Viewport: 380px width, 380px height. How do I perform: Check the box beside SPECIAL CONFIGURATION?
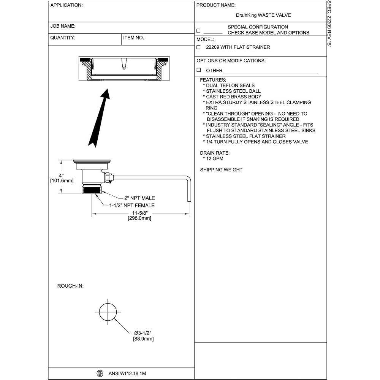[x=198, y=30]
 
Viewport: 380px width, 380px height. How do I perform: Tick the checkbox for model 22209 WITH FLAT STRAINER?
[x=198, y=47]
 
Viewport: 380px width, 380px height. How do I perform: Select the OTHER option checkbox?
[x=198, y=70]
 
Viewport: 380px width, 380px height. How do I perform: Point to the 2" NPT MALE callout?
[x=139, y=198]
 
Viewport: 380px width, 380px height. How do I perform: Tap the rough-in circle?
[x=107, y=312]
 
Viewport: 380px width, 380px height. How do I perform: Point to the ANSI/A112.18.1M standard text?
[x=127, y=374]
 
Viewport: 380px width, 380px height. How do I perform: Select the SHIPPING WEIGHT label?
[x=221, y=170]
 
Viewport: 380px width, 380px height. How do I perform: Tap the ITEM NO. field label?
[x=134, y=38]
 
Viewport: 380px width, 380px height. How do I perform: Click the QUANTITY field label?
[x=63, y=38]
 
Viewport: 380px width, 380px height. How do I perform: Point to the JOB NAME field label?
[x=63, y=26]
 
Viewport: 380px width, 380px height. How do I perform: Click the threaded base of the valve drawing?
[x=92, y=189]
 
